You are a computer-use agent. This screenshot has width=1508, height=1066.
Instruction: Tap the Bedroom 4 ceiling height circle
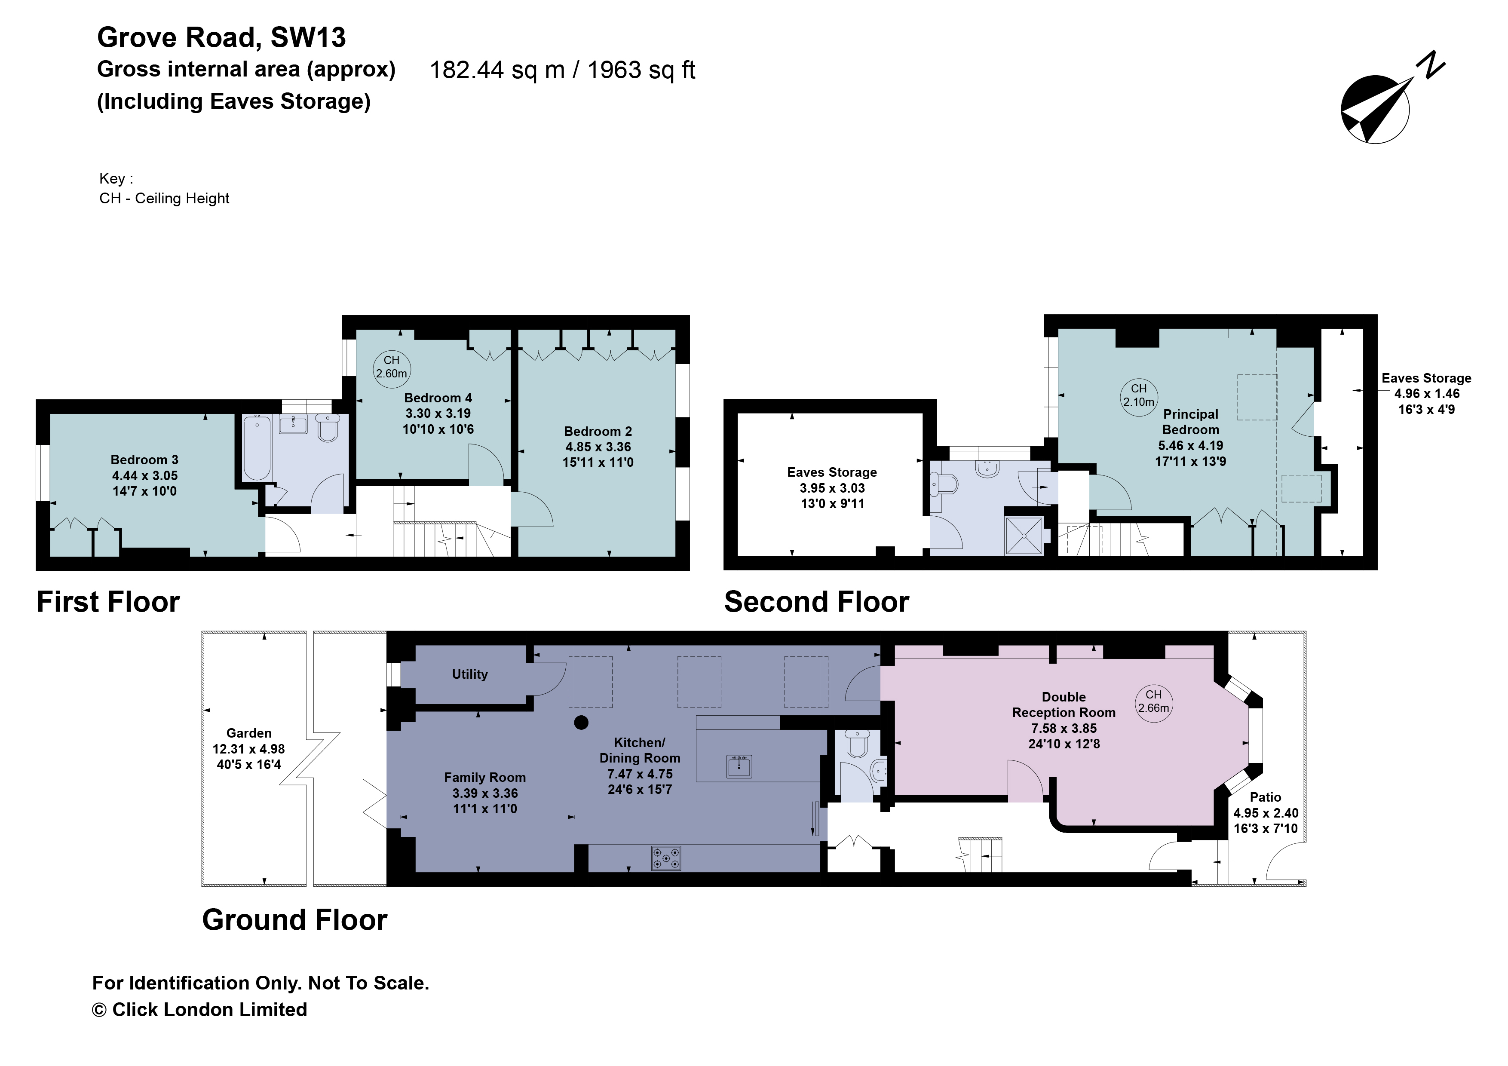392,367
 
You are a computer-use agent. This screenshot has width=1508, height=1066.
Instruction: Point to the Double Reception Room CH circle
1153,701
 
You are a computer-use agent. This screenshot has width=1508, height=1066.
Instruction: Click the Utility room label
469,674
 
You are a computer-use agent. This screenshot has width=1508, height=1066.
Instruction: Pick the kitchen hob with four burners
666,858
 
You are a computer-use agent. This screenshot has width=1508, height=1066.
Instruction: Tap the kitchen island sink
739,766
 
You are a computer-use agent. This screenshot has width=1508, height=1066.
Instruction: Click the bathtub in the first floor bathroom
257,447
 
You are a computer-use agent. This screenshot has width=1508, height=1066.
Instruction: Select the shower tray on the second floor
1023,536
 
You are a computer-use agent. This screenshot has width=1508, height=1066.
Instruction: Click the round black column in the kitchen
581,723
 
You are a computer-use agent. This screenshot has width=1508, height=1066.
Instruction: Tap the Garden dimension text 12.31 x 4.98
248,749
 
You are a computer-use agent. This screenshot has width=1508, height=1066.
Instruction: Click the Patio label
1265,797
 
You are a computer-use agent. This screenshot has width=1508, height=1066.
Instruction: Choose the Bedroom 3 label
144,460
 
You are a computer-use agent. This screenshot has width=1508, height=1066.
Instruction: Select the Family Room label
485,778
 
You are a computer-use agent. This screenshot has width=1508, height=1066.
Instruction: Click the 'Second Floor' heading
816,602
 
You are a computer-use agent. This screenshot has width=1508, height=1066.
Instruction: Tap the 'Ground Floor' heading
294,919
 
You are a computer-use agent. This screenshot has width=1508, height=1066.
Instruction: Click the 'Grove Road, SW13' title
221,37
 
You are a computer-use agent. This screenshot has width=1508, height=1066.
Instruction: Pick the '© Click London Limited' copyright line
199,1010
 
